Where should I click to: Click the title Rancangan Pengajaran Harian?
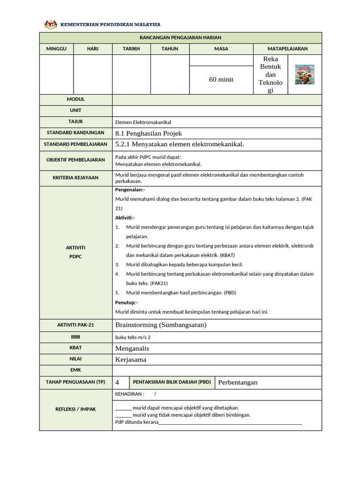tap(180, 37)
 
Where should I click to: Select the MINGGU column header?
tap(56, 49)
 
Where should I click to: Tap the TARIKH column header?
tap(131, 49)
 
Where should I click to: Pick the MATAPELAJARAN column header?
tap(287, 49)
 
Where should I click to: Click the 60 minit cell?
tap(221, 80)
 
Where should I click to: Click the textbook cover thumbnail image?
tap(305, 75)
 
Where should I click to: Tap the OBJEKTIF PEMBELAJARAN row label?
tap(75, 160)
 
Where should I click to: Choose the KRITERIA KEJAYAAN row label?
tap(75, 178)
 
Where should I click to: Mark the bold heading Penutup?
tap(127, 302)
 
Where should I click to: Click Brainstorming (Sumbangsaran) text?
tap(161, 325)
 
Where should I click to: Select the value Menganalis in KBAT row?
tap(132, 348)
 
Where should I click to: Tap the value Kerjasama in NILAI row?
tap(131, 360)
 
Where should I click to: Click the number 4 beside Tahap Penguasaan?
tap(117, 382)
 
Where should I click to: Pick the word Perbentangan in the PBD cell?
tap(238, 382)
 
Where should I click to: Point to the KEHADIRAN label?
tap(129, 394)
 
